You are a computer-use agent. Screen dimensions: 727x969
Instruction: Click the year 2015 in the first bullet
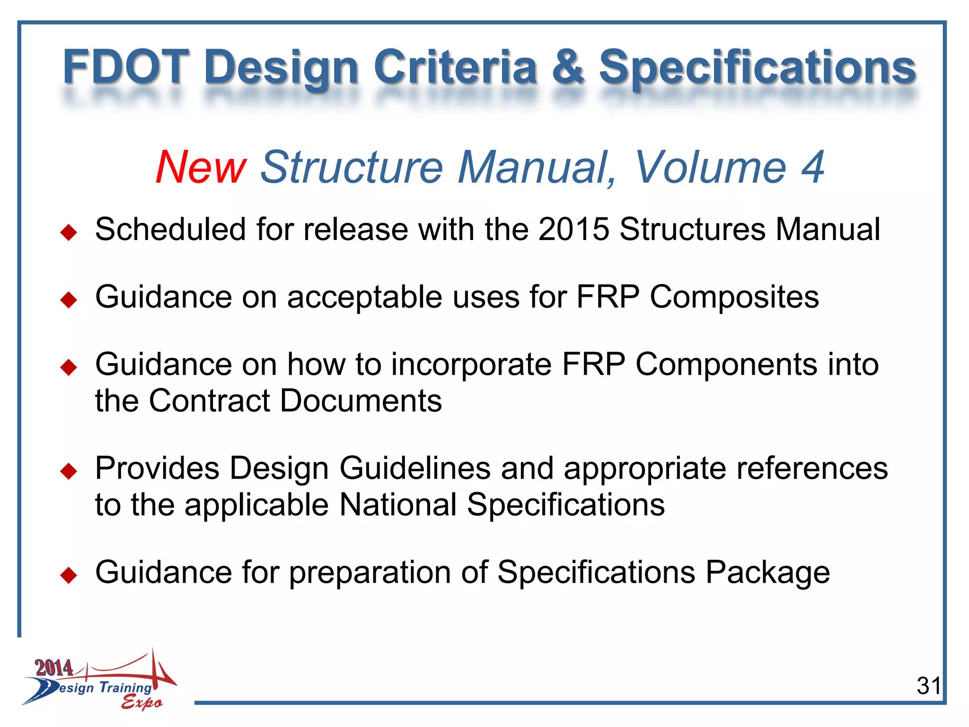[x=573, y=230]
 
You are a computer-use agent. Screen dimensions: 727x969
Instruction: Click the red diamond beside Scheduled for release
[x=69, y=232]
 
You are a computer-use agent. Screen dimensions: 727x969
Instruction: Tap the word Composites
[x=734, y=297]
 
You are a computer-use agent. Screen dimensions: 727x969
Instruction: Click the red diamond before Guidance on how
[x=69, y=367]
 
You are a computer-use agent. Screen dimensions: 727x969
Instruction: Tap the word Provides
[x=157, y=469]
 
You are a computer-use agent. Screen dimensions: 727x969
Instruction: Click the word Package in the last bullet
[x=767, y=573]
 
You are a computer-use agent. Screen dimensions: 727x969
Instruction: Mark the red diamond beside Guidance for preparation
[x=69, y=576]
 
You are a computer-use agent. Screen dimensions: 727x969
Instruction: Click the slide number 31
[x=928, y=686]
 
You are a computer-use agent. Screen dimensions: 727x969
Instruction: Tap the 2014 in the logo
[x=54, y=668]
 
